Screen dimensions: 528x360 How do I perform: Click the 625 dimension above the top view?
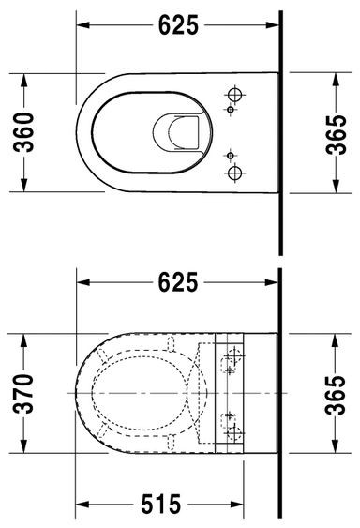pyautogui.click(x=178, y=25)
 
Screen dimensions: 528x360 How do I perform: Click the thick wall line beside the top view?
pyautogui.click(x=281, y=131)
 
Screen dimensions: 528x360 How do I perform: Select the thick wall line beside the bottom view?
pyautogui.click(x=281, y=394)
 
